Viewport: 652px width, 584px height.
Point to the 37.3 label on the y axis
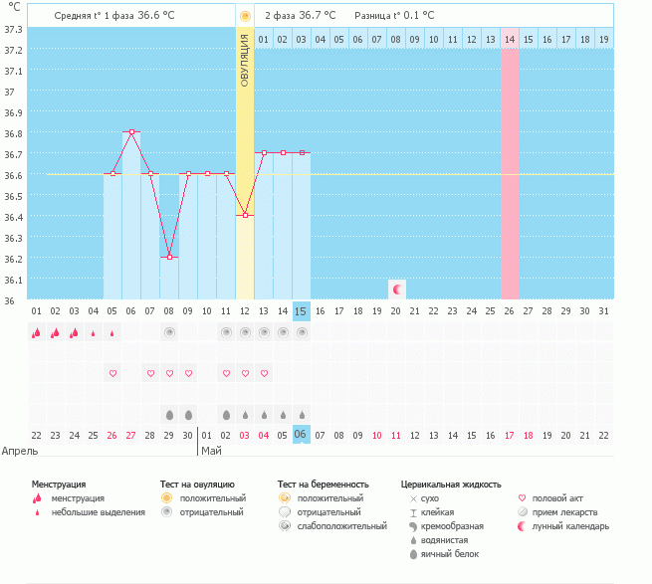(x=14, y=29)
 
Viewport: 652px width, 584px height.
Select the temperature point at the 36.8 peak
(x=131, y=131)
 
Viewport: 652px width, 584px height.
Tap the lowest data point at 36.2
(x=169, y=257)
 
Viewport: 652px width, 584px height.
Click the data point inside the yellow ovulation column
(x=245, y=215)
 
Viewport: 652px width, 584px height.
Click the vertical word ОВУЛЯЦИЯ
(x=245, y=62)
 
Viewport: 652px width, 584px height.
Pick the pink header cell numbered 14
(x=510, y=39)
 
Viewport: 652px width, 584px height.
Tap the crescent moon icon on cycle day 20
(x=396, y=289)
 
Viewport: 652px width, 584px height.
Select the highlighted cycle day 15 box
(x=302, y=311)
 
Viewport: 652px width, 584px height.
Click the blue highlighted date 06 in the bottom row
(x=302, y=435)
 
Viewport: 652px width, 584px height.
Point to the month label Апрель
(x=20, y=451)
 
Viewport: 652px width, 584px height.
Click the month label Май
(x=211, y=451)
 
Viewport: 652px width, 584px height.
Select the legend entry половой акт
(x=557, y=497)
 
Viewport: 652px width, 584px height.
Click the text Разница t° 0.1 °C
(x=394, y=16)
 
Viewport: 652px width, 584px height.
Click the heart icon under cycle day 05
(x=112, y=373)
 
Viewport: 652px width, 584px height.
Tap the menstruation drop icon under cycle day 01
(x=37, y=333)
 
